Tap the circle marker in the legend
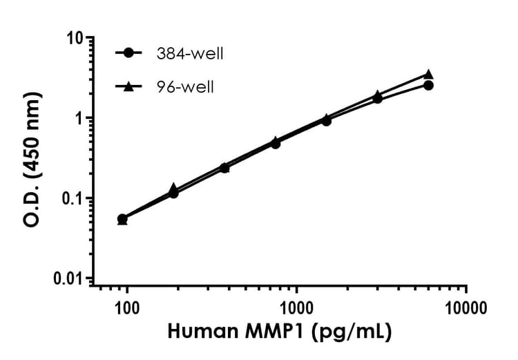click(128, 53)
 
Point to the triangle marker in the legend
click(128, 86)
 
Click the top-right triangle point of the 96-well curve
click(428, 74)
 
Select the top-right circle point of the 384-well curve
click(428, 85)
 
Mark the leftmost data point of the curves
click(122, 219)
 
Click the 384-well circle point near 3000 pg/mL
click(377, 99)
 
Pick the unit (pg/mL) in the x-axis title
click(352, 332)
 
